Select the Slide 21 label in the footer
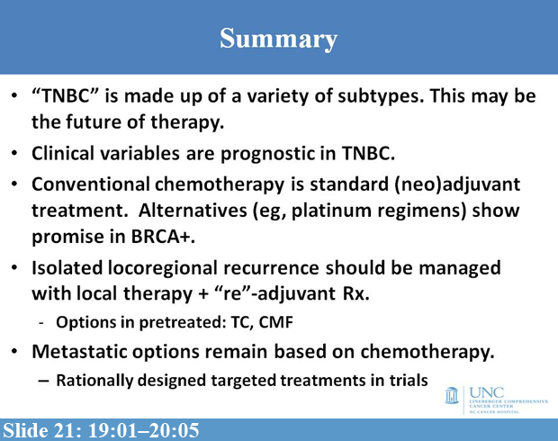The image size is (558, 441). click(x=40, y=427)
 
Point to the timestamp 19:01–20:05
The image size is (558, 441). click(x=144, y=427)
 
